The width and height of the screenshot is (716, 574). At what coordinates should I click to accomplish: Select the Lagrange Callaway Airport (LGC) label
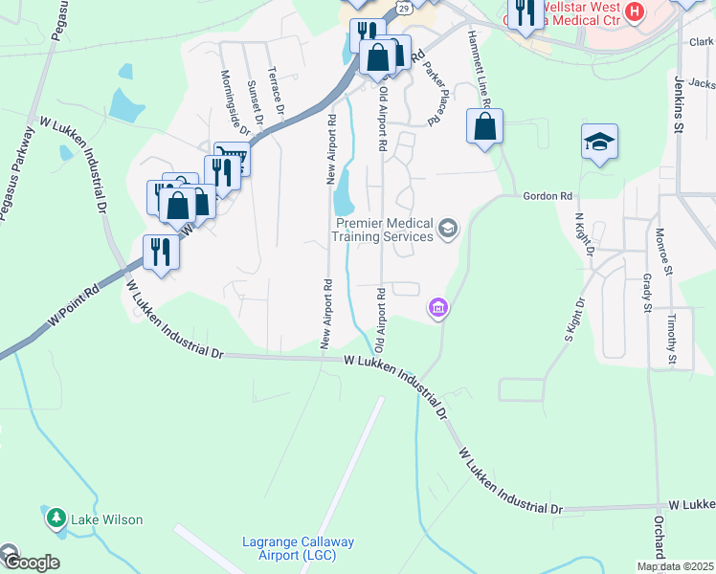point(297,549)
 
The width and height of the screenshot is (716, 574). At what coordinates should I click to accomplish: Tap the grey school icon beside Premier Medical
point(448,229)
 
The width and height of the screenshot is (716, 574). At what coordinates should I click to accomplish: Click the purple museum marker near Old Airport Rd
point(438,307)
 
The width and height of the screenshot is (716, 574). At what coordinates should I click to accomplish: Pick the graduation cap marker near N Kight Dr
point(599,143)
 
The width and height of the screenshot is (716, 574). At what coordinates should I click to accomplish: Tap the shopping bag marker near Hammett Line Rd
point(485,126)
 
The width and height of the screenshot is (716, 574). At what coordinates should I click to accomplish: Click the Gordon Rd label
point(547,195)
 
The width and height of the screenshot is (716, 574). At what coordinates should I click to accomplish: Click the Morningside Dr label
point(235,102)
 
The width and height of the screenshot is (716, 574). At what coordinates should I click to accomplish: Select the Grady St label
point(647,293)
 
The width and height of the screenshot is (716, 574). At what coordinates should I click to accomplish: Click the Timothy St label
point(673,339)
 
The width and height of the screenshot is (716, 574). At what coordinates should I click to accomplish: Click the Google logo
point(31,563)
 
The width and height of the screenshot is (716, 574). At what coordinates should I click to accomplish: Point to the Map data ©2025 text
point(675,566)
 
